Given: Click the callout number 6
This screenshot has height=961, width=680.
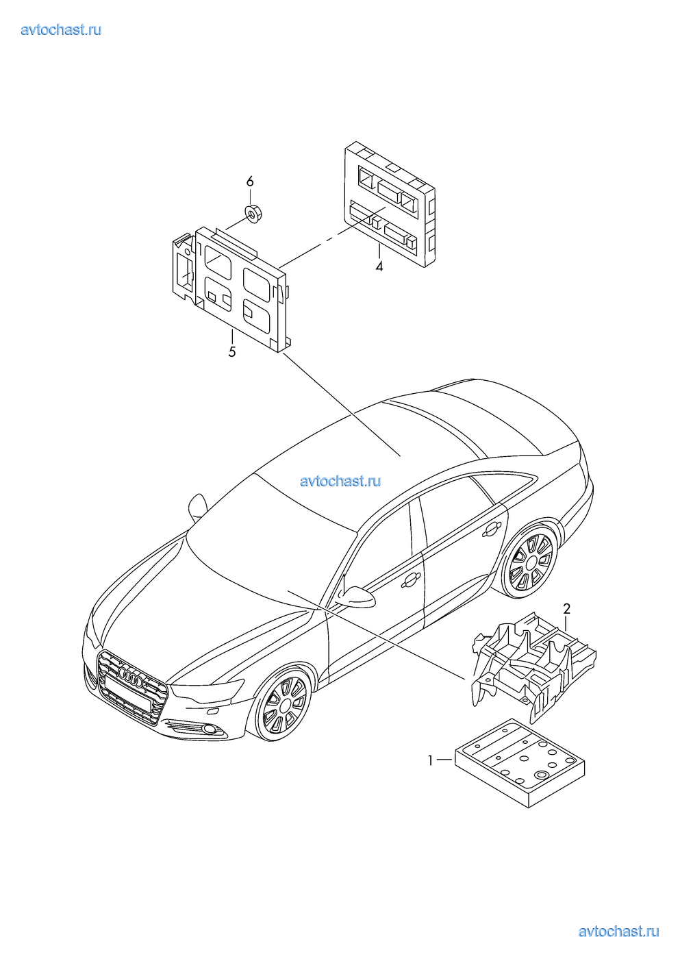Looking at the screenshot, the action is click(250, 182).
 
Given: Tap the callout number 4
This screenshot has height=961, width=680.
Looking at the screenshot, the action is click(379, 266).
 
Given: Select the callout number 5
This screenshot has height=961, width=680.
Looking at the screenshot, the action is click(232, 352).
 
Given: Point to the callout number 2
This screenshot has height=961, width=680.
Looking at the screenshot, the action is click(567, 608).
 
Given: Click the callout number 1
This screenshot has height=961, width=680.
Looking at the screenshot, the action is click(430, 761).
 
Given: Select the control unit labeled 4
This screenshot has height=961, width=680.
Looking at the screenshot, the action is click(390, 204).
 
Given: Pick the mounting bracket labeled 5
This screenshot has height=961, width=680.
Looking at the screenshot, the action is click(231, 290).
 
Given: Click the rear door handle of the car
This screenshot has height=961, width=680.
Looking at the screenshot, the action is click(491, 530).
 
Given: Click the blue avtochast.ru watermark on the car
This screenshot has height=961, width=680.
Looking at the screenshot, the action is click(340, 481).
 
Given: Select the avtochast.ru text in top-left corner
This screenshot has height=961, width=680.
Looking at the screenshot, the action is click(61, 29).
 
